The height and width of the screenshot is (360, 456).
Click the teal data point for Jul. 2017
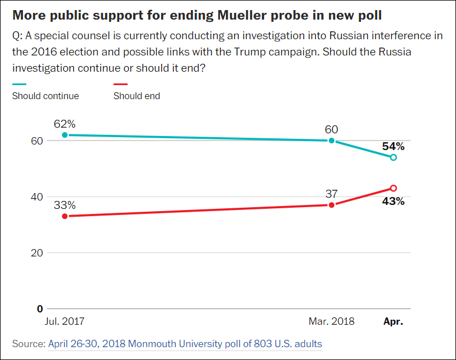coord(65,135)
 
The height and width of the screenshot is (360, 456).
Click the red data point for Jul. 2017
coord(65,216)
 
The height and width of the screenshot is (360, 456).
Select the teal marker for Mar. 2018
coord(332,141)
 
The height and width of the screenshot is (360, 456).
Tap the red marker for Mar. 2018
coord(332,205)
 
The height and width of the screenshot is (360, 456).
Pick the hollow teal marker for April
coord(393,157)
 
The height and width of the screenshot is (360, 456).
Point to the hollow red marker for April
coord(393,188)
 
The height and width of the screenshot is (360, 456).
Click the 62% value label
coord(65,123)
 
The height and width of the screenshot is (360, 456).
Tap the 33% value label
coord(65,204)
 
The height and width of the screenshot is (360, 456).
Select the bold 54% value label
coord(393,146)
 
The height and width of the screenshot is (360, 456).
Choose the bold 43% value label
coord(393,200)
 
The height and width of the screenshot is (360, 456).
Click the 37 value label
coord(332,193)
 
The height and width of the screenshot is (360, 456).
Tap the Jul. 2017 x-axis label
coord(65,322)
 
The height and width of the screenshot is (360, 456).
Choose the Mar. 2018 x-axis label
coord(332,322)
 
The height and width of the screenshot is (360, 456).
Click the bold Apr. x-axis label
coord(393,322)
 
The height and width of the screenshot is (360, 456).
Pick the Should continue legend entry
coord(45,96)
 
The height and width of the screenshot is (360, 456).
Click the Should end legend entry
coord(137,96)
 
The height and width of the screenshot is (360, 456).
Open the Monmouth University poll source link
coord(185,343)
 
